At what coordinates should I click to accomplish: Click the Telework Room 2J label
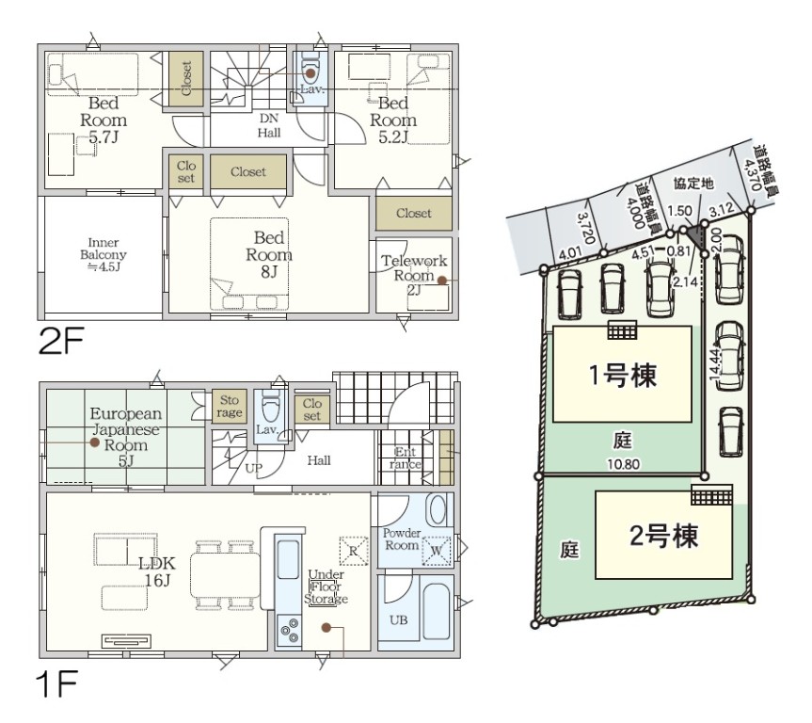coord(414,275)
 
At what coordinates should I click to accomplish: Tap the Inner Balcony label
coord(103,254)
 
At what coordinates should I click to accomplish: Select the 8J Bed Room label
coord(269,254)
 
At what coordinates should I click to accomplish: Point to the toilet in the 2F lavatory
coord(310,69)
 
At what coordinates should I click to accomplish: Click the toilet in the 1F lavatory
coord(270,407)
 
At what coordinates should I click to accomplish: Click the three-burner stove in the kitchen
coord(289,629)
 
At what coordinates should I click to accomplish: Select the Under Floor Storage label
coord(326,586)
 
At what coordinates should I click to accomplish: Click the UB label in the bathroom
coord(398,619)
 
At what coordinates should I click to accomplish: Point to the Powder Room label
coord(402,539)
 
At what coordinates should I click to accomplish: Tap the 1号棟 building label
coord(623,375)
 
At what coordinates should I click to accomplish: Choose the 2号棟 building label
coord(664,536)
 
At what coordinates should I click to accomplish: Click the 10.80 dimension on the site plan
coord(623,464)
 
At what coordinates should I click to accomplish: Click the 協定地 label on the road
coord(693,184)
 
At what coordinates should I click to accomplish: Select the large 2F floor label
coord(61,341)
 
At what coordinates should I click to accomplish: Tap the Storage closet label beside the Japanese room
coord(230,407)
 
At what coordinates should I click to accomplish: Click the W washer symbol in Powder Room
coord(436,551)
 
